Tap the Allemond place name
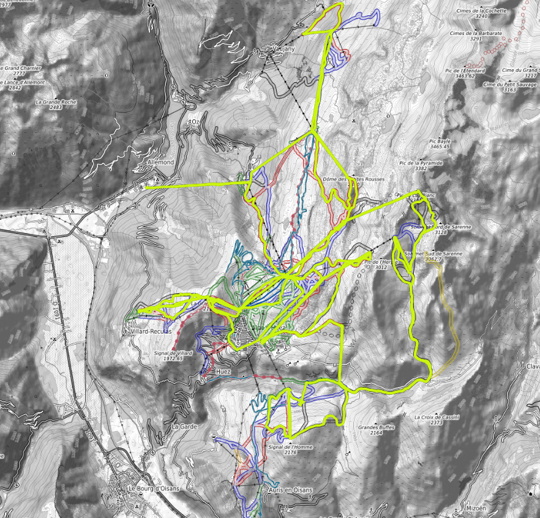point(161,162)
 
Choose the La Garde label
point(183,426)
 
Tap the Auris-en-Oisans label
point(290,490)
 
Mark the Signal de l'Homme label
point(290,447)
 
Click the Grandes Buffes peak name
point(377,427)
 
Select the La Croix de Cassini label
point(436,417)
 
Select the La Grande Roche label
point(56,102)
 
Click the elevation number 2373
point(436,423)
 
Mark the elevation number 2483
point(56,108)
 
